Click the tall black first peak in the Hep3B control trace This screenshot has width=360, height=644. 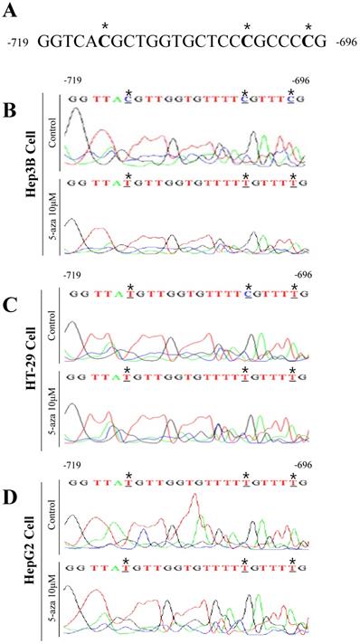point(76,113)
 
